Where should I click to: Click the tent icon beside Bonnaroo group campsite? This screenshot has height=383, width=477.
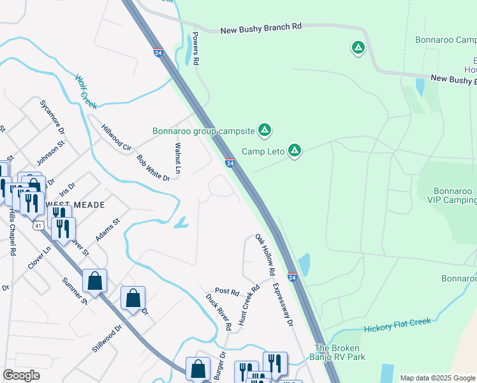coord(265,131)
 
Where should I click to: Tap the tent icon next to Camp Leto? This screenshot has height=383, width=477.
coord(295,151)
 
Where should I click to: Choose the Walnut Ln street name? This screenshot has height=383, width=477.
coord(178,158)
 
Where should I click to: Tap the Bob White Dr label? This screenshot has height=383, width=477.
coord(153,168)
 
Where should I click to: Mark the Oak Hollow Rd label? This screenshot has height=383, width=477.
coord(265,255)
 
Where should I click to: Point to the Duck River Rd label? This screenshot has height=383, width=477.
coord(219,311)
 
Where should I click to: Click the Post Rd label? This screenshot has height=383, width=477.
coord(226,292)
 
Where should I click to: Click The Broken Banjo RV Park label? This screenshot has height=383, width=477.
coord(339,352)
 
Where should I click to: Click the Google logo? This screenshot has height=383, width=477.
coord(21,375)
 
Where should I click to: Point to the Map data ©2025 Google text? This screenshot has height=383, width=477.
coord(437,378)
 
